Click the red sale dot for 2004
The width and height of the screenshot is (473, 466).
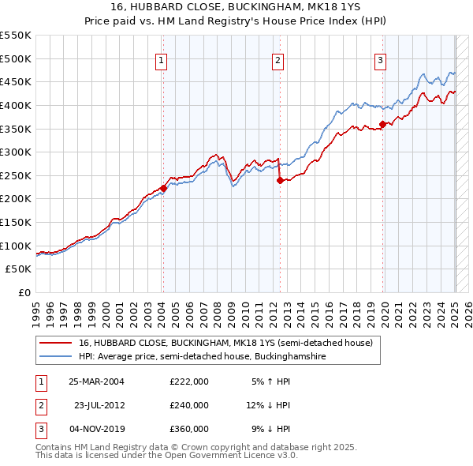click(x=163, y=188)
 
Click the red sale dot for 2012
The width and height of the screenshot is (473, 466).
click(x=280, y=180)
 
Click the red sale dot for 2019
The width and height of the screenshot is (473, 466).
click(x=382, y=123)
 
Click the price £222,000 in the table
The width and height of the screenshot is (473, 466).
click(x=189, y=381)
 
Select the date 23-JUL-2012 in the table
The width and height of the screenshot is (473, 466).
click(x=99, y=405)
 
